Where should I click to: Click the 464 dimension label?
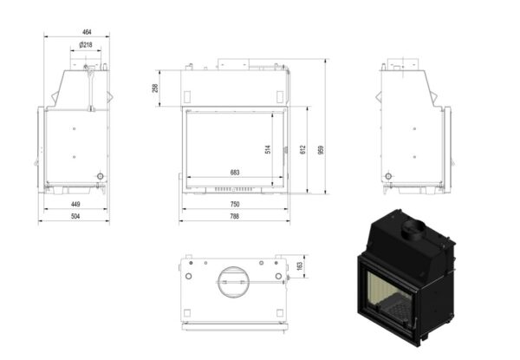click(87, 32)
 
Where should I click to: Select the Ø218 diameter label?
click(86, 45)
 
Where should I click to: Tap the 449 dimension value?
click(75, 204)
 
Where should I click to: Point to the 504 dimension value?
click(75, 216)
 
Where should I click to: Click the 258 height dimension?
click(155, 88)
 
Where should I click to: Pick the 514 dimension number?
click(268, 149)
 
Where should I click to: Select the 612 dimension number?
click(302, 150)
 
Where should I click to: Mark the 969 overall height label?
click(321, 150)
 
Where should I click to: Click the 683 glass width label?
click(235, 173)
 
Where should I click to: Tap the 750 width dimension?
click(235, 204)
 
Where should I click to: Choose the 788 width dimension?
click(235, 216)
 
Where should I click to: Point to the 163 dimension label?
click(300, 266)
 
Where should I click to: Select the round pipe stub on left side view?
click(101, 176)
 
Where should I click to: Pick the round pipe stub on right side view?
click(388, 176)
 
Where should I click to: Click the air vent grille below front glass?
click(235, 189)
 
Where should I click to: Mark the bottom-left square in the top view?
click(187, 313)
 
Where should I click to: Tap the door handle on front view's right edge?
click(285, 150)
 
